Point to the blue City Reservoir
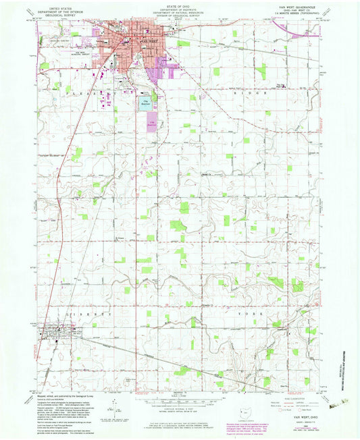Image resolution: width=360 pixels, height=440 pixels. click(x=146, y=103)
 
